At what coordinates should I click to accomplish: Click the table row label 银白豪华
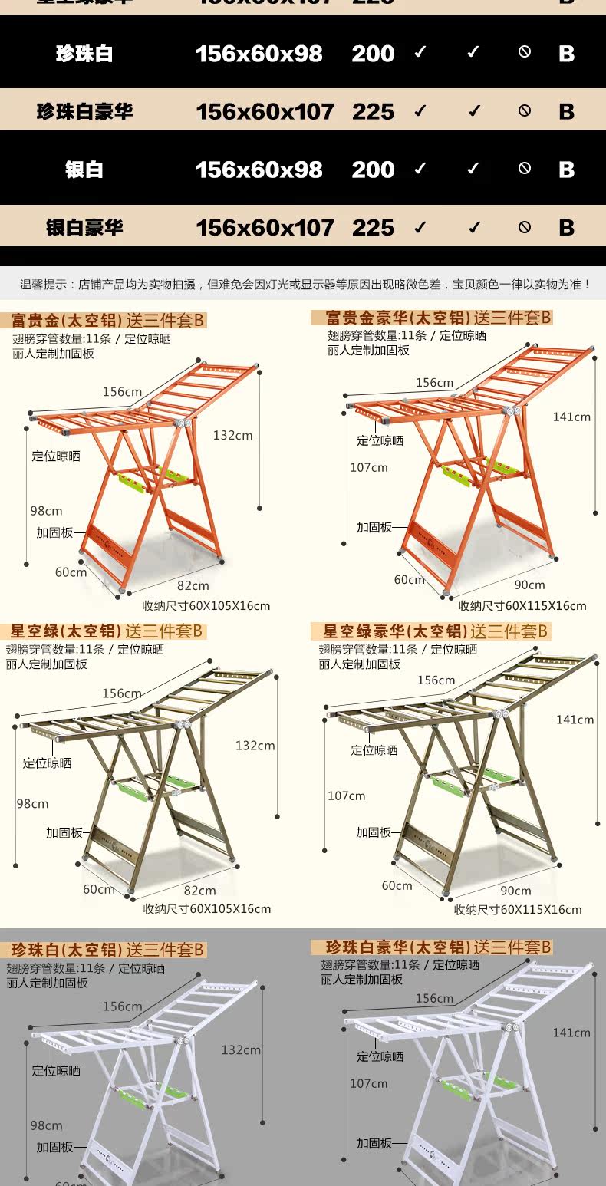pyautogui.click(x=84, y=228)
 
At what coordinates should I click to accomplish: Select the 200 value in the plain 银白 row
pyautogui.click(x=373, y=170)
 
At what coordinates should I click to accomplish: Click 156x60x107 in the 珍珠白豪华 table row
pyautogui.click(x=265, y=112)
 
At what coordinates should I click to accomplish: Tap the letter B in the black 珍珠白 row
pyautogui.click(x=567, y=54)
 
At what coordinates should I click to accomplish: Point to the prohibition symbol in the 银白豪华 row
pyautogui.click(x=525, y=227)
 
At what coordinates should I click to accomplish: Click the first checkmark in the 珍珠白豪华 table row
pyautogui.click(x=420, y=111)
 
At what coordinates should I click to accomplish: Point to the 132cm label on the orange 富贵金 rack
pyautogui.click(x=232, y=435)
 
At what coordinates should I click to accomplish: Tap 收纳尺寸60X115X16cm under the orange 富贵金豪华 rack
pyautogui.click(x=522, y=606)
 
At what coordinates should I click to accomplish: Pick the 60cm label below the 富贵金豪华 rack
pyautogui.click(x=409, y=580)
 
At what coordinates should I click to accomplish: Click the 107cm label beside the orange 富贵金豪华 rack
pyautogui.click(x=369, y=467)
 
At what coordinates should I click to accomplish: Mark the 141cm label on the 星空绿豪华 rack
pyautogui.click(x=575, y=720)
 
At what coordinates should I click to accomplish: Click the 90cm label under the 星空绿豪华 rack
pyautogui.click(x=515, y=891)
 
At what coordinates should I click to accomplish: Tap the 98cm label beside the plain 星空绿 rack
pyautogui.click(x=32, y=803)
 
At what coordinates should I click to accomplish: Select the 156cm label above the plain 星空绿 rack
pyautogui.click(x=122, y=693)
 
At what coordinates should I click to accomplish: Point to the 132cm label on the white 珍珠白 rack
pyautogui.click(x=241, y=1050)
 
